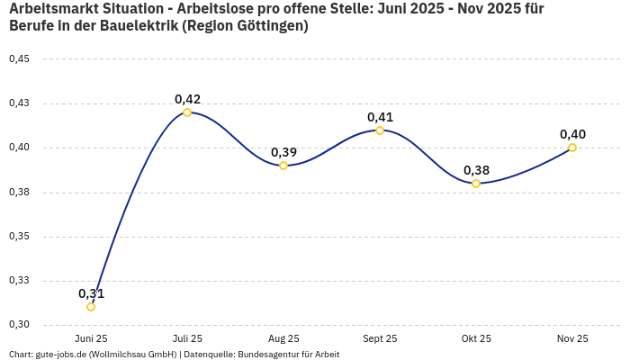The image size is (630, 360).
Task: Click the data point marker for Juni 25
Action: tap(91, 307)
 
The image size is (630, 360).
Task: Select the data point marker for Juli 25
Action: tap(187, 112)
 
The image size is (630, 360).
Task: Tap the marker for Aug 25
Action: tap(283, 166)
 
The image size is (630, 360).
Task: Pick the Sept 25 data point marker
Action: tap(380, 130)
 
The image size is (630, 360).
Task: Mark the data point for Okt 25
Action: tap(476, 184)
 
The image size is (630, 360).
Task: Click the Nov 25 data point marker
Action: tap(572, 148)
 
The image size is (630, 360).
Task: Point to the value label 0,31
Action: tap(91, 293)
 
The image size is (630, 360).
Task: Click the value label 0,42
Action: tap(187, 99)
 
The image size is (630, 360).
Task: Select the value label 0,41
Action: tap(380, 117)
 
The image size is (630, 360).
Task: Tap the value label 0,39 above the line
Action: tap(283, 152)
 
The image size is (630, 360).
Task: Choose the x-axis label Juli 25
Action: tap(187, 338)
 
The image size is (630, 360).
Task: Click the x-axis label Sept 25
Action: tap(380, 338)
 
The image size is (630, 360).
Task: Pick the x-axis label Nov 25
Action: tap(572, 338)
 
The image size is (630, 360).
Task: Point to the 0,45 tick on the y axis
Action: tap(19, 59)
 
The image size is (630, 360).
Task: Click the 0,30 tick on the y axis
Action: tap(19, 325)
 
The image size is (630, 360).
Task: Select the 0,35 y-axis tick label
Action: tap(19, 237)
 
